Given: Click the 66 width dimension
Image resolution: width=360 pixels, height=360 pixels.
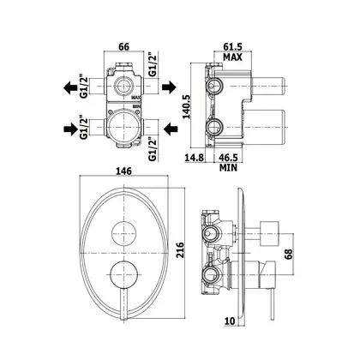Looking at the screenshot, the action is [x=123, y=46].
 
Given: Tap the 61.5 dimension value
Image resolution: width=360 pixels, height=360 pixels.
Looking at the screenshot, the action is [x=232, y=46].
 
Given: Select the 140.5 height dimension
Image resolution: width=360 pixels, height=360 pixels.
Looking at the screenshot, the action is [x=187, y=106].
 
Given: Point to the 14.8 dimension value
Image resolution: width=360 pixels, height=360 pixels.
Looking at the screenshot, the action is [x=195, y=158].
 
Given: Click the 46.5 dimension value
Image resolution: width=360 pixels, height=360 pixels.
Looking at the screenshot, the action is [x=228, y=158].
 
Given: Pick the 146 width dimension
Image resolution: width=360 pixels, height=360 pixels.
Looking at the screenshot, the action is [x=123, y=171].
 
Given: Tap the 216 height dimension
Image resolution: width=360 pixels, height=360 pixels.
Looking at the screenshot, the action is [x=180, y=250].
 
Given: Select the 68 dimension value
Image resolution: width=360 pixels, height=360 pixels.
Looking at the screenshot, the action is [x=289, y=254].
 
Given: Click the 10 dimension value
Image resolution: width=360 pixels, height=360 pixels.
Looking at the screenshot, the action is [x=230, y=321].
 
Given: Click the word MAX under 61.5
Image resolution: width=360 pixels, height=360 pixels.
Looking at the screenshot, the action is [x=232, y=57].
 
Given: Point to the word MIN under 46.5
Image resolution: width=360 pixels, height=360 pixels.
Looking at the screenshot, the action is [x=228, y=168].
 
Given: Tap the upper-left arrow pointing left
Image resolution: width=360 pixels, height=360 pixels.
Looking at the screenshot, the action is [x=70, y=87].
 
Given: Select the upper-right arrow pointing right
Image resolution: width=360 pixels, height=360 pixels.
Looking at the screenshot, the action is [x=169, y=87].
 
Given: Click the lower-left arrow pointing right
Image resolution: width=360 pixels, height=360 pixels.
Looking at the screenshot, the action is [x=70, y=129].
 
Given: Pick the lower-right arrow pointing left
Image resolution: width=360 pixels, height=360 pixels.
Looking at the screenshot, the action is [x=171, y=129].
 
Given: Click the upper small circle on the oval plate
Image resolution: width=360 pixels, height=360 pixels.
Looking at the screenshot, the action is [x=123, y=233].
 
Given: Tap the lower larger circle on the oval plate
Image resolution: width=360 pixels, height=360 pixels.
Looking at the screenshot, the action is [x=123, y=274].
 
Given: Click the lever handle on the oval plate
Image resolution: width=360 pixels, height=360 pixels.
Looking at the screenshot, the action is [x=123, y=303].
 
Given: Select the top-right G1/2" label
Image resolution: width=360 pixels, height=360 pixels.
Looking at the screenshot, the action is [x=153, y=64].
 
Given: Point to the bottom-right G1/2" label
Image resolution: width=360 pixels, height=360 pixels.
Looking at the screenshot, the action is [x=153, y=149].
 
